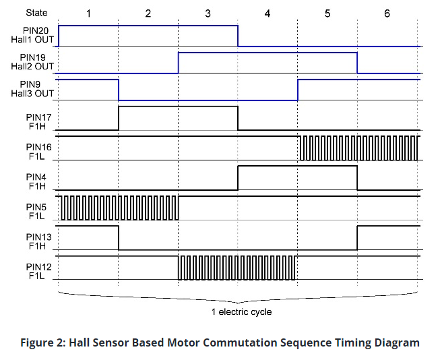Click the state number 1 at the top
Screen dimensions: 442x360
[88, 13]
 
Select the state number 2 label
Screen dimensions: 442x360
[148, 13]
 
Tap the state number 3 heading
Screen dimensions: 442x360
[208, 13]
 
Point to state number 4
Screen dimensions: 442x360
[267, 13]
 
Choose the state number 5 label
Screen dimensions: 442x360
[327, 13]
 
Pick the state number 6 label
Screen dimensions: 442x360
[387, 13]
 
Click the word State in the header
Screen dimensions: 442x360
[36, 13]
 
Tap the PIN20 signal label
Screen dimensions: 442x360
[36, 30]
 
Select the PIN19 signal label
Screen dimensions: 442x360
[33, 57]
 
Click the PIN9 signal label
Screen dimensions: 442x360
[30, 84]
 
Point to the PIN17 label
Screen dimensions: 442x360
[39, 117]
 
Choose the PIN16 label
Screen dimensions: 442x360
[39, 147]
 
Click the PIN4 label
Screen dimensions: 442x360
[36, 177]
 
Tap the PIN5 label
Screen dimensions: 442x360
[36, 207]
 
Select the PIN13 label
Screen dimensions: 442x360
[39, 237]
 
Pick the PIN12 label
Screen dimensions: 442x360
[39, 267]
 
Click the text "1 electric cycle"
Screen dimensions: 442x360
[242, 311]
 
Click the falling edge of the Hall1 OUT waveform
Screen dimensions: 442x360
[238, 36]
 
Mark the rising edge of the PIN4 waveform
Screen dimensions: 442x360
[238, 178]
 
